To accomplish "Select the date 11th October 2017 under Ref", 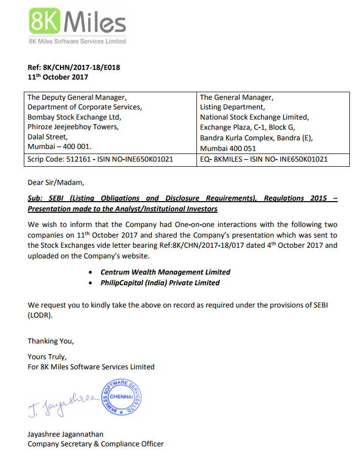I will coord(58,77).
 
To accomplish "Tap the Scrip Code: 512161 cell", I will coord(100,159).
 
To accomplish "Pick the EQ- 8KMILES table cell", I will coord(264,159).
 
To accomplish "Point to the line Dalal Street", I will coord(48,137).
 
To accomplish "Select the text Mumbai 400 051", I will coord(228,148).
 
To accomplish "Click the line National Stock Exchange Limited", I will coord(254,117).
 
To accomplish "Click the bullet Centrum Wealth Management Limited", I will coord(165,272).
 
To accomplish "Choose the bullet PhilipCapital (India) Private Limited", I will coord(160,283).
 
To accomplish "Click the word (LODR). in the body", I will coord(40,315).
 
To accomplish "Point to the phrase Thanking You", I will coord(51,341).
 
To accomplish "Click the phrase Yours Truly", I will coord(47,357).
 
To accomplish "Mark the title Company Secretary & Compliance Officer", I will coord(96,444).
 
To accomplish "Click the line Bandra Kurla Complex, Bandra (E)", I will coord(257,138).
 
